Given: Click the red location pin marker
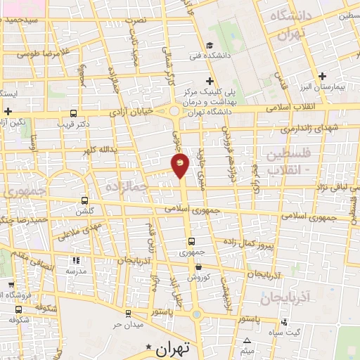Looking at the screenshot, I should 180,165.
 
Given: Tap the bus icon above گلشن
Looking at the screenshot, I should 85,200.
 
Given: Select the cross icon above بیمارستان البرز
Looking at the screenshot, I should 322,75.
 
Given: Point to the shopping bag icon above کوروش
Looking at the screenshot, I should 199,267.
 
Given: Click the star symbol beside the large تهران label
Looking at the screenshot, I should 148,348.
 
